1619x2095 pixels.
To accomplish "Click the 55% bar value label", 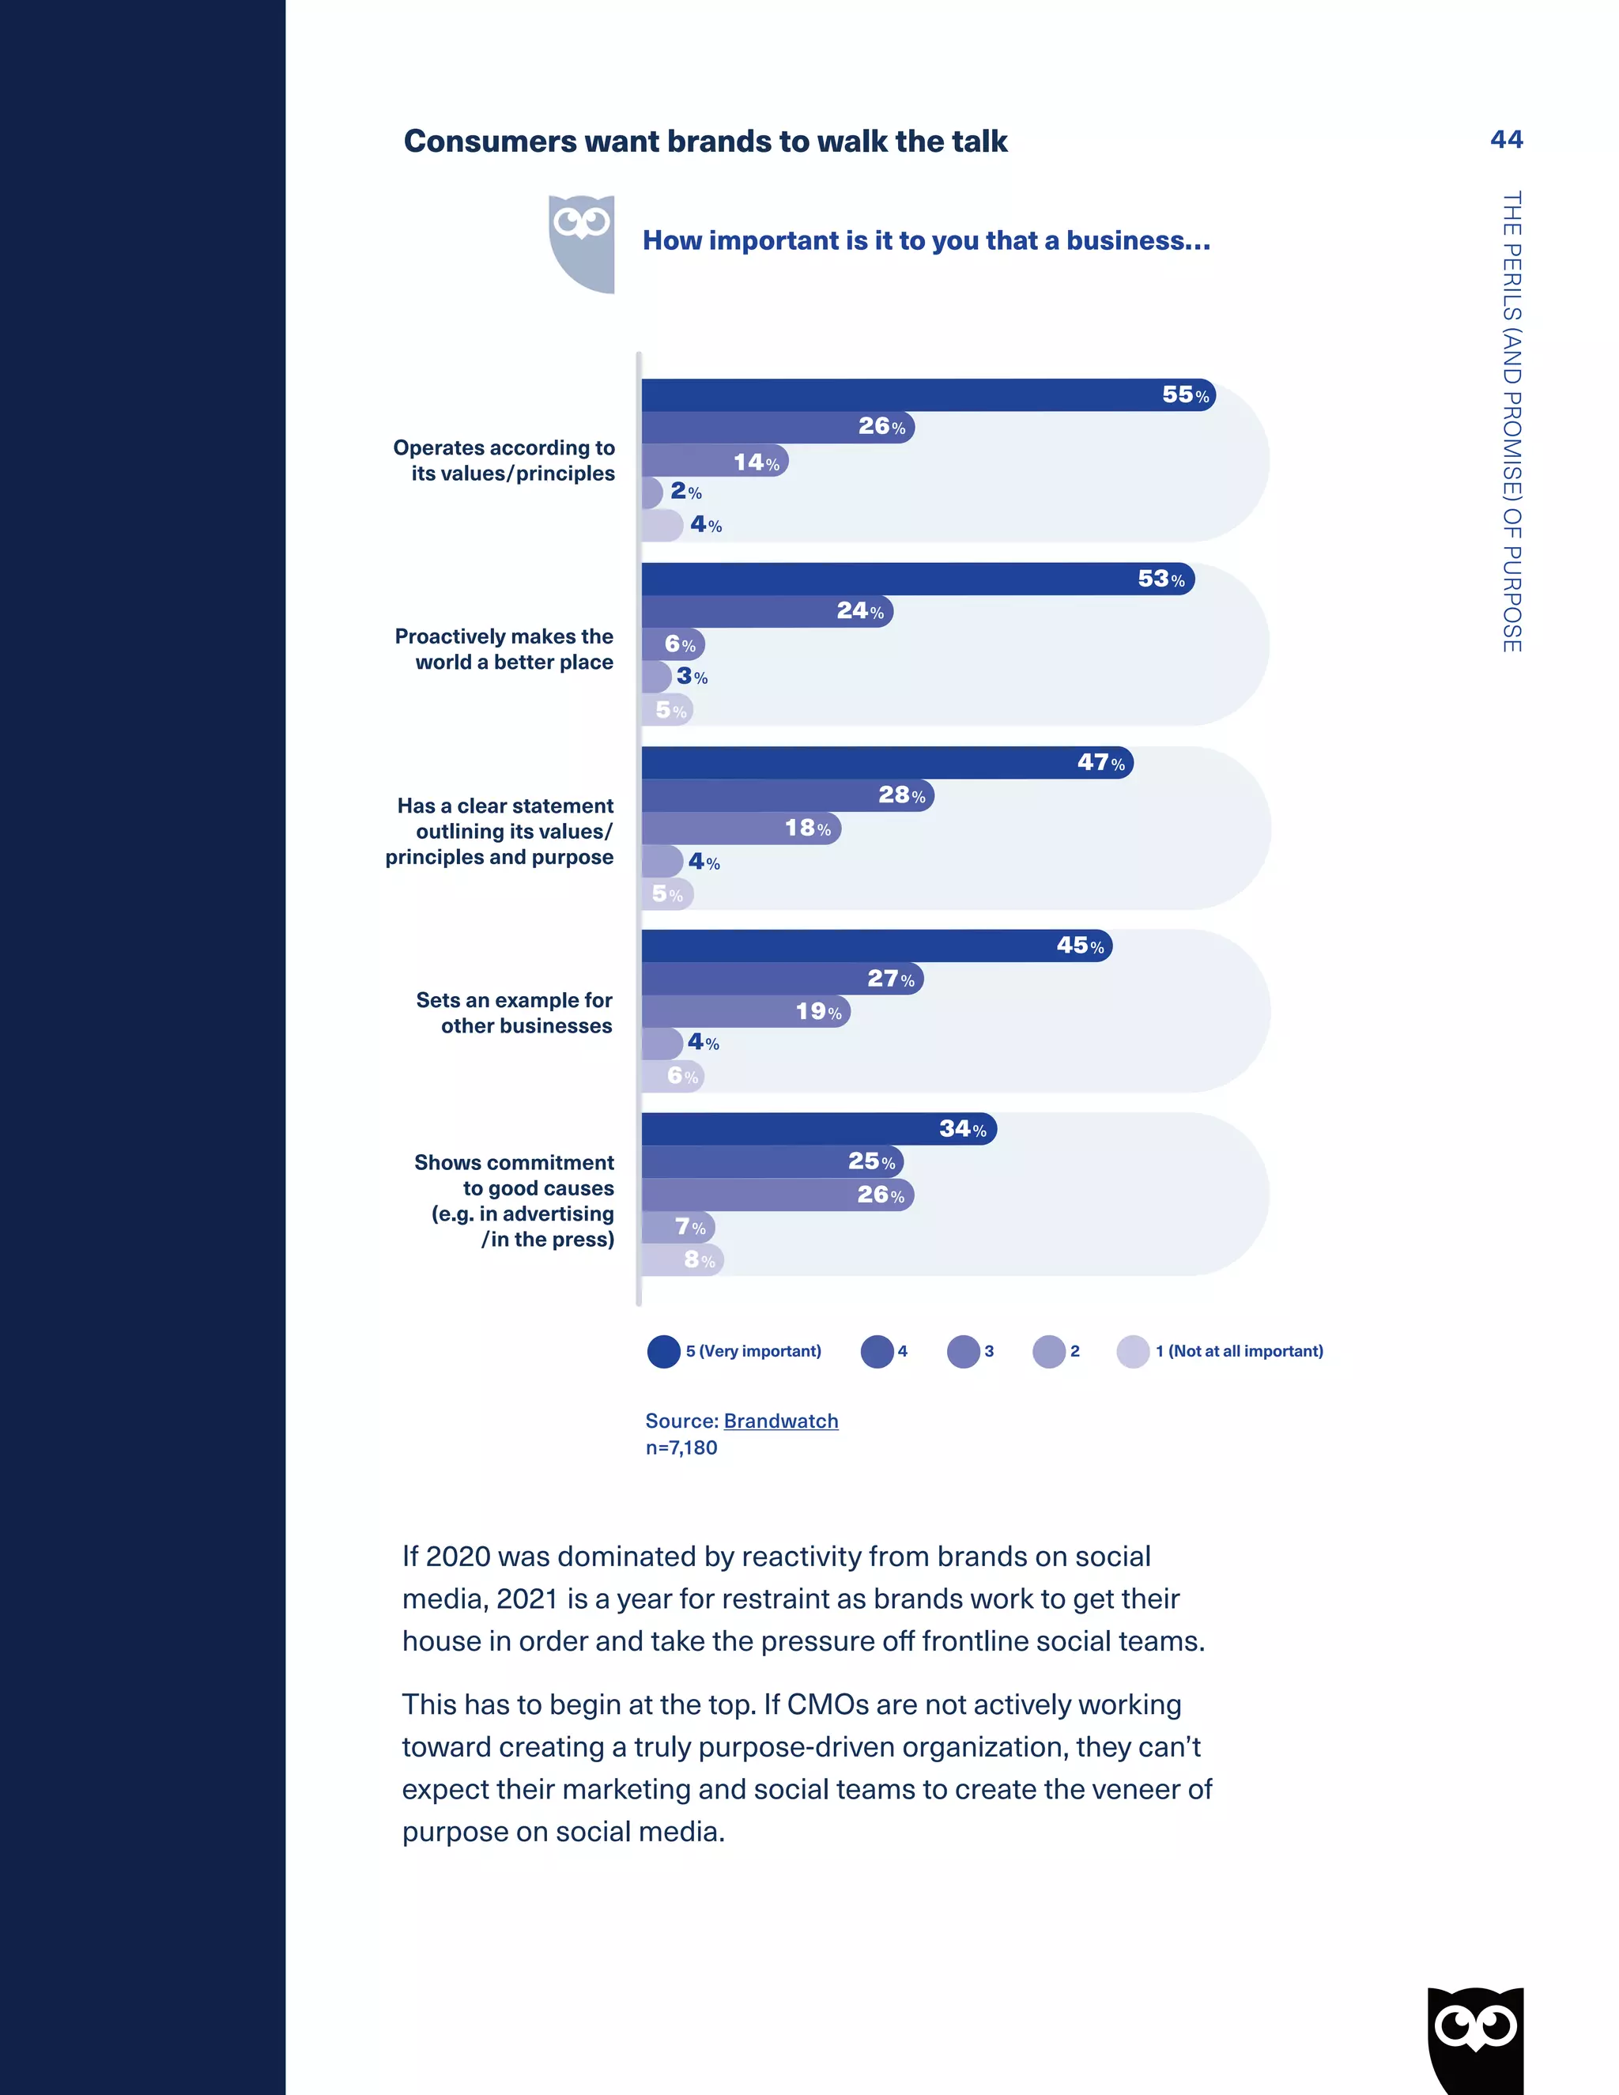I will coord(1184,395).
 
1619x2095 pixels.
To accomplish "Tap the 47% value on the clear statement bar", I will coord(1100,763).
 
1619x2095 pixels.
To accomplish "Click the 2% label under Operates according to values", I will coord(685,492).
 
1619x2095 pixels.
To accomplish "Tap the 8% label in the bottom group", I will coord(699,1259).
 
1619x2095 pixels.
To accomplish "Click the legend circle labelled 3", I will coord(962,1352).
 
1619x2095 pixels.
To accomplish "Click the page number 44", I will coord(1506,140).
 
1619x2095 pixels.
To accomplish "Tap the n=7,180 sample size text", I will coord(681,1448).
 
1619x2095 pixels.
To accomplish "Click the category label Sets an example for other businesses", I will coord(515,1013).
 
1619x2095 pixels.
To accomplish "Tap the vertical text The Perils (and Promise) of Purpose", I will coord(1511,422).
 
